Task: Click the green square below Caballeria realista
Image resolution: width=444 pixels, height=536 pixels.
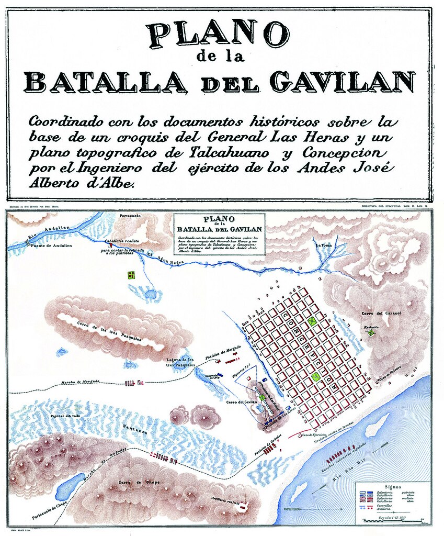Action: (131, 274)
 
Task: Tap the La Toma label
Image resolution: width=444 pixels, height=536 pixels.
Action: (323, 245)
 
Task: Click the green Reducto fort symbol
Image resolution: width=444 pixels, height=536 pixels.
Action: (371, 332)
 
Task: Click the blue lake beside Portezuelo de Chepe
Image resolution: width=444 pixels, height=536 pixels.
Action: (70, 487)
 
